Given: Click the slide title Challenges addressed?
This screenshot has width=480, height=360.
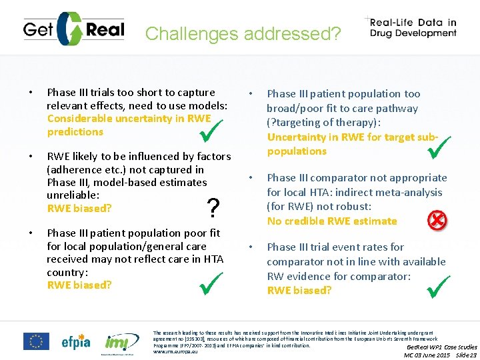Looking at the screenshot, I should [243, 33].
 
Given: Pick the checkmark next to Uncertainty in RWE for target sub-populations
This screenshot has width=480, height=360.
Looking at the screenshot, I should [440, 147].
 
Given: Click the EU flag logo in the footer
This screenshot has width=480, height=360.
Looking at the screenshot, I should [36, 341].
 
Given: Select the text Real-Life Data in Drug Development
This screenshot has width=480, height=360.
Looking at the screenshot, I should [413, 27].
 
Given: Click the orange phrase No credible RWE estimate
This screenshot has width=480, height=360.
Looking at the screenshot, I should [332, 221].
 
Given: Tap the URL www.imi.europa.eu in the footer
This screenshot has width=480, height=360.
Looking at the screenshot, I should [176, 351].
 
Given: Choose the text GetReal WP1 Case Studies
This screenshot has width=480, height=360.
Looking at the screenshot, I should [442, 347].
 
